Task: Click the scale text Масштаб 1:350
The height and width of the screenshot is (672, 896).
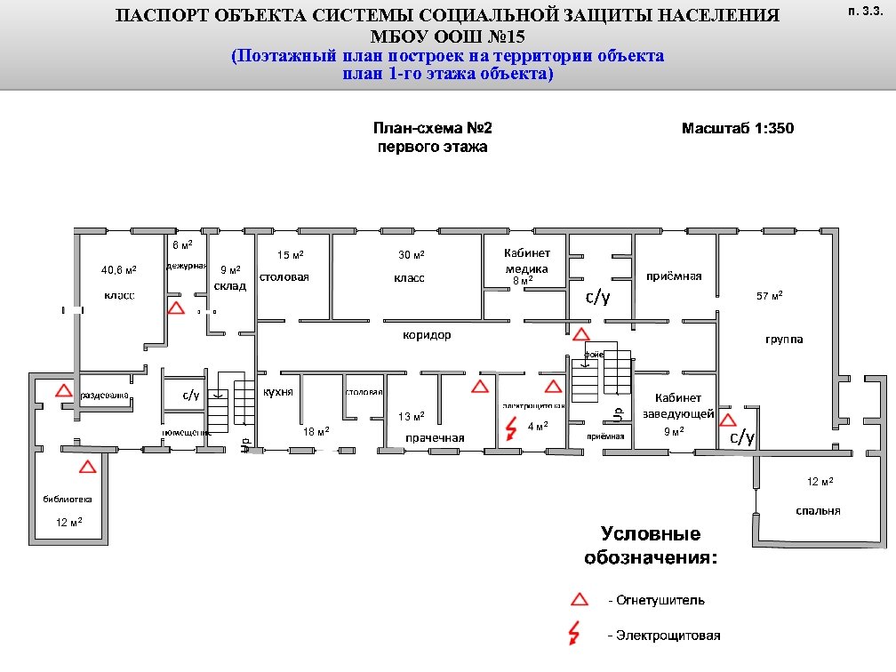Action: click(x=738, y=128)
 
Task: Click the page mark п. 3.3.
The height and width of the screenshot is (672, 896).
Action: click(x=864, y=12)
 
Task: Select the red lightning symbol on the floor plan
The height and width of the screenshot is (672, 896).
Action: click(x=511, y=429)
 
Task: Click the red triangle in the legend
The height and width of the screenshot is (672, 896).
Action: click(x=579, y=599)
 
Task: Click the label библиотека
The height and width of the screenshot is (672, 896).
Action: click(x=68, y=499)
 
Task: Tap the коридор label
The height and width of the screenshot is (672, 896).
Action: click(x=427, y=335)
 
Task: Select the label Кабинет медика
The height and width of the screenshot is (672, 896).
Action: click(x=527, y=261)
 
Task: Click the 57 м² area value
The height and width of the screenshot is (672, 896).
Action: click(x=769, y=295)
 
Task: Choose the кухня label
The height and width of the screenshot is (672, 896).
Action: click(x=278, y=391)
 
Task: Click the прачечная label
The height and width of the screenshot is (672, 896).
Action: click(x=436, y=438)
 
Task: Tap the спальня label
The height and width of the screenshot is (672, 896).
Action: click(x=819, y=510)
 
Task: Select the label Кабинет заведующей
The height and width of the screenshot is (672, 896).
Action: click(x=678, y=405)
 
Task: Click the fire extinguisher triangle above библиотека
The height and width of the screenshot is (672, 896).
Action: click(x=87, y=467)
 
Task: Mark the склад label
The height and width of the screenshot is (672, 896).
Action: click(x=230, y=285)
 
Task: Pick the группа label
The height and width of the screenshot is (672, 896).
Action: click(x=784, y=340)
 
